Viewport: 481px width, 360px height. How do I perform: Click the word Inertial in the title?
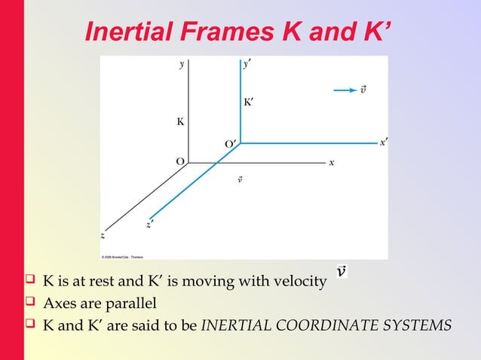point(130,32)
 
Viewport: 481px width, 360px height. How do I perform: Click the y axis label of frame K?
point(182,65)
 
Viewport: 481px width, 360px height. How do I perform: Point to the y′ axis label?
point(247,65)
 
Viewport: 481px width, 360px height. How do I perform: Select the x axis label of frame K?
point(332,162)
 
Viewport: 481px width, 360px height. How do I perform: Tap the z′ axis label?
point(151,223)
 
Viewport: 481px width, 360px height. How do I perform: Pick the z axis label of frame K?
point(103,235)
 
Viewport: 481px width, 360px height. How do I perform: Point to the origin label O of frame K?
point(179,161)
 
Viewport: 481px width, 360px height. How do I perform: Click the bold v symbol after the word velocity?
point(342,270)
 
